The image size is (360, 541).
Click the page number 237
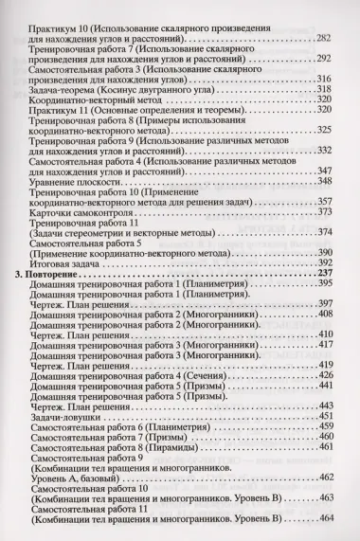(329, 299)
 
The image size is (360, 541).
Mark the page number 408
(329, 339)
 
